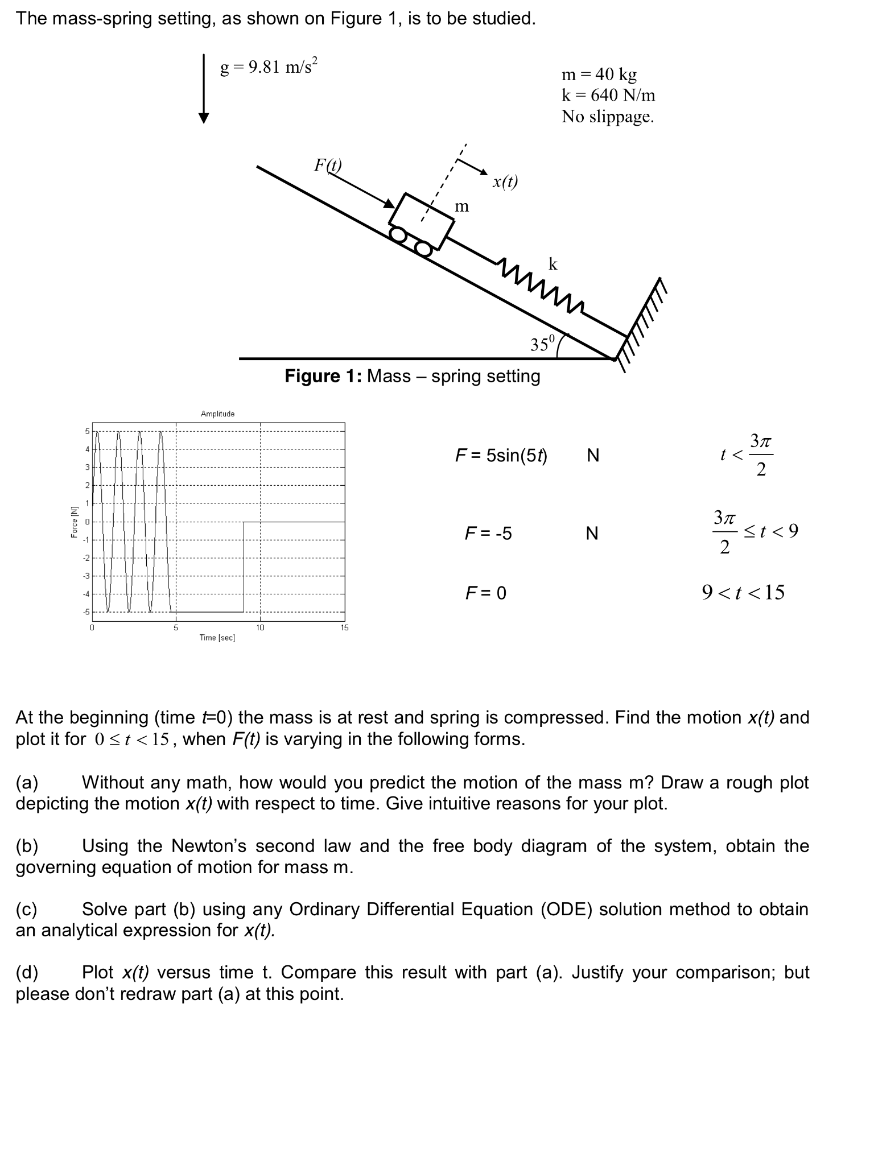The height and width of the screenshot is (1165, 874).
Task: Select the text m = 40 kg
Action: pos(599,75)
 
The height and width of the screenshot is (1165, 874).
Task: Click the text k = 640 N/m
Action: pos(608,95)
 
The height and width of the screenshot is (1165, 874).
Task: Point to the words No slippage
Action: pos(607,117)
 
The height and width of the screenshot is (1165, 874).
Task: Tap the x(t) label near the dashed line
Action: pos(505,181)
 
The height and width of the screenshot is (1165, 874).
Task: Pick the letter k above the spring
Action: pos(553,264)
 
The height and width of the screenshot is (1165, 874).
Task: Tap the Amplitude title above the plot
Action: pos(217,414)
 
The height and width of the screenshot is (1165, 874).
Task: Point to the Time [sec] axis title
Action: pos(217,638)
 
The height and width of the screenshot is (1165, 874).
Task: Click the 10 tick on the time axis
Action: pos(260,627)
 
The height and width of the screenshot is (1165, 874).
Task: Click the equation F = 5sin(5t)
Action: pos(501,456)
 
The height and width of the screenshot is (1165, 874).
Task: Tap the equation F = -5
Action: pos(488,534)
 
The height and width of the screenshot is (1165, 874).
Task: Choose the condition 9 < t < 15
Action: pos(743,593)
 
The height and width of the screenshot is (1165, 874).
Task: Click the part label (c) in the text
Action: pos(26,909)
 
